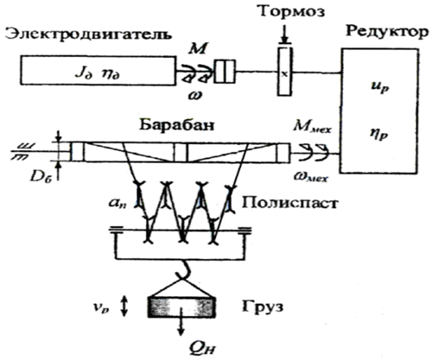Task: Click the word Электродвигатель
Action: point(89,35)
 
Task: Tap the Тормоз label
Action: point(292,12)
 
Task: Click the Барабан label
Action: point(177,125)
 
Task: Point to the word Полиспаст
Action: point(289,203)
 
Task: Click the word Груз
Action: point(263,306)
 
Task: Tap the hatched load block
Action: point(181,307)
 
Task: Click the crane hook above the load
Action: point(183,270)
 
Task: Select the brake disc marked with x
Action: point(284,72)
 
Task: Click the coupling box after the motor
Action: point(225,72)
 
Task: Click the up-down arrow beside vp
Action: point(124,306)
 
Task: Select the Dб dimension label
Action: point(41,178)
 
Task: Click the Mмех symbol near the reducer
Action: point(312,127)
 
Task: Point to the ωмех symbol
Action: point(310,176)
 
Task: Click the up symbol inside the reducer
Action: point(380,87)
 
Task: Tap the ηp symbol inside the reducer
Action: point(380,135)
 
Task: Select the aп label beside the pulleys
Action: point(119,204)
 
